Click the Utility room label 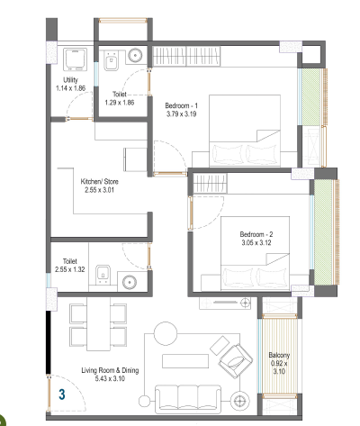point(70,80)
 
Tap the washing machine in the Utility point(75,59)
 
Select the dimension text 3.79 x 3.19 point(182,114)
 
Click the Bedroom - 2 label point(256,234)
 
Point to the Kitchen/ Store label point(100,181)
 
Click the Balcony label point(279,355)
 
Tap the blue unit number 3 point(62,394)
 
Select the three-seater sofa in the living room point(188,398)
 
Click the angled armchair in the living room point(236,360)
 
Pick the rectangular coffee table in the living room point(185,361)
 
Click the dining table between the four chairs point(98,323)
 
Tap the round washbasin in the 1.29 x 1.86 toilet point(135,55)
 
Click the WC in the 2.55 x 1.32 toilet point(103,275)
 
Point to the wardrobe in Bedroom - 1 point(186,56)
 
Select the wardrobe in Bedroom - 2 point(210,184)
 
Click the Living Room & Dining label point(110,370)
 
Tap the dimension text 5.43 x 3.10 point(110,378)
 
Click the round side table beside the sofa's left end point(144,401)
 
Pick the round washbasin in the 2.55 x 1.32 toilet point(130,282)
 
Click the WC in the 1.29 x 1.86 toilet point(111,60)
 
